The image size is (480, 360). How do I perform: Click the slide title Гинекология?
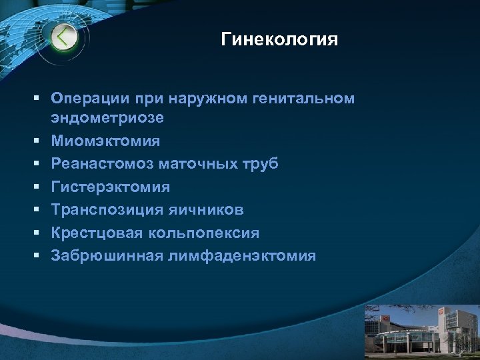coord(280,40)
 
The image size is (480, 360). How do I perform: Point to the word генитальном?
coord(305,98)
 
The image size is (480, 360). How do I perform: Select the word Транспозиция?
coord(100,210)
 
